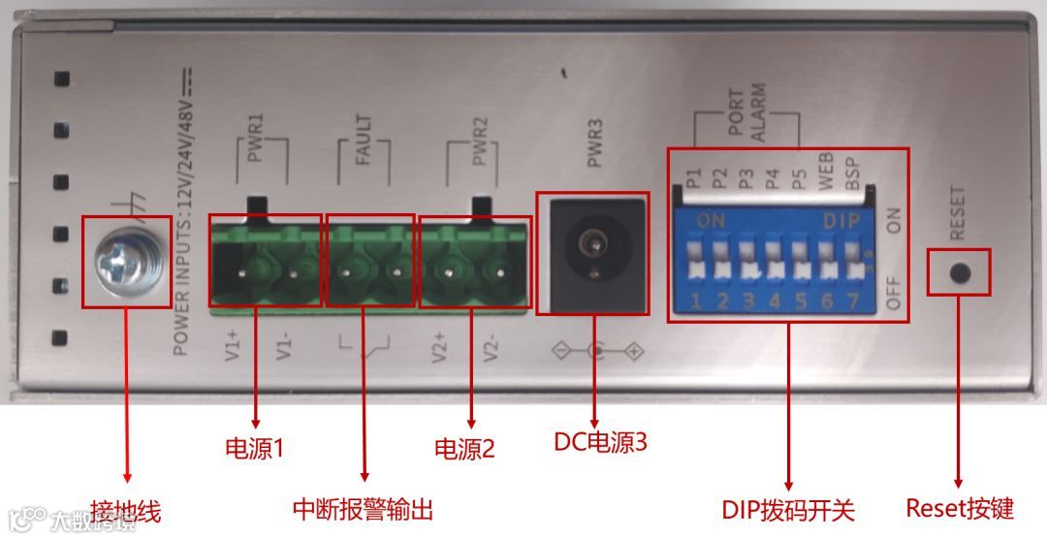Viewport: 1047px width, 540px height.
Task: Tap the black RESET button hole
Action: pyautogui.click(x=959, y=272)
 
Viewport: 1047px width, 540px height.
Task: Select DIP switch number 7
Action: pyautogui.click(x=852, y=266)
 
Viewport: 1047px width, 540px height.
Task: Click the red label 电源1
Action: pyautogui.click(x=254, y=449)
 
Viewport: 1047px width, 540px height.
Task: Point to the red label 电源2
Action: pyautogui.click(x=463, y=449)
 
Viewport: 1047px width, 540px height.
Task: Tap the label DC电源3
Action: pyautogui.click(x=600, y=442)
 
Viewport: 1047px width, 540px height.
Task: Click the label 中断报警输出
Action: pyautogui.click(x=363, y=509)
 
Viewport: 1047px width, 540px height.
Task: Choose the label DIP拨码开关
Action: pyautogui.click(x=788, y=509)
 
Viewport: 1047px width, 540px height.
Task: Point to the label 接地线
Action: pyautogui.click(x=125, y=511)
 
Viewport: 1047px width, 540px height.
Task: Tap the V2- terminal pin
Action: pyautogui.click(x=502, y=271)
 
